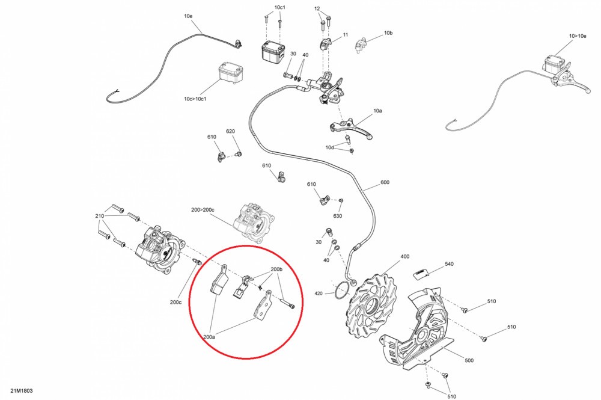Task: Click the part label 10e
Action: tap(188, 16)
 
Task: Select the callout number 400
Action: tap(404, 257)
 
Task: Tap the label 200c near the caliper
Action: tap(175, 302)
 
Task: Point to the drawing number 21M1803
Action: tap(22, 391)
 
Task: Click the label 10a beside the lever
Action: tap(377, 111)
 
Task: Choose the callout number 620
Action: tap(230, 131)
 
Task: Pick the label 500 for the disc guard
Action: tap(469, 360)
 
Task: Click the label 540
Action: tap(449, 264)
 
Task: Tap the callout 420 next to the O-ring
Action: tap(319, 294)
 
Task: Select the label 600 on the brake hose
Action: tap(385, 182)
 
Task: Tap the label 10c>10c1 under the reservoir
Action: tap(195, 99)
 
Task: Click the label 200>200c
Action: tap(203, 210)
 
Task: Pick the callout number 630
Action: tap(337, 216)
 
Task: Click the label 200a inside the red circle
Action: tap(209, 337)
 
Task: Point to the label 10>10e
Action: tap(578, 36)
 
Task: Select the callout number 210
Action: tap(100, 217)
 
